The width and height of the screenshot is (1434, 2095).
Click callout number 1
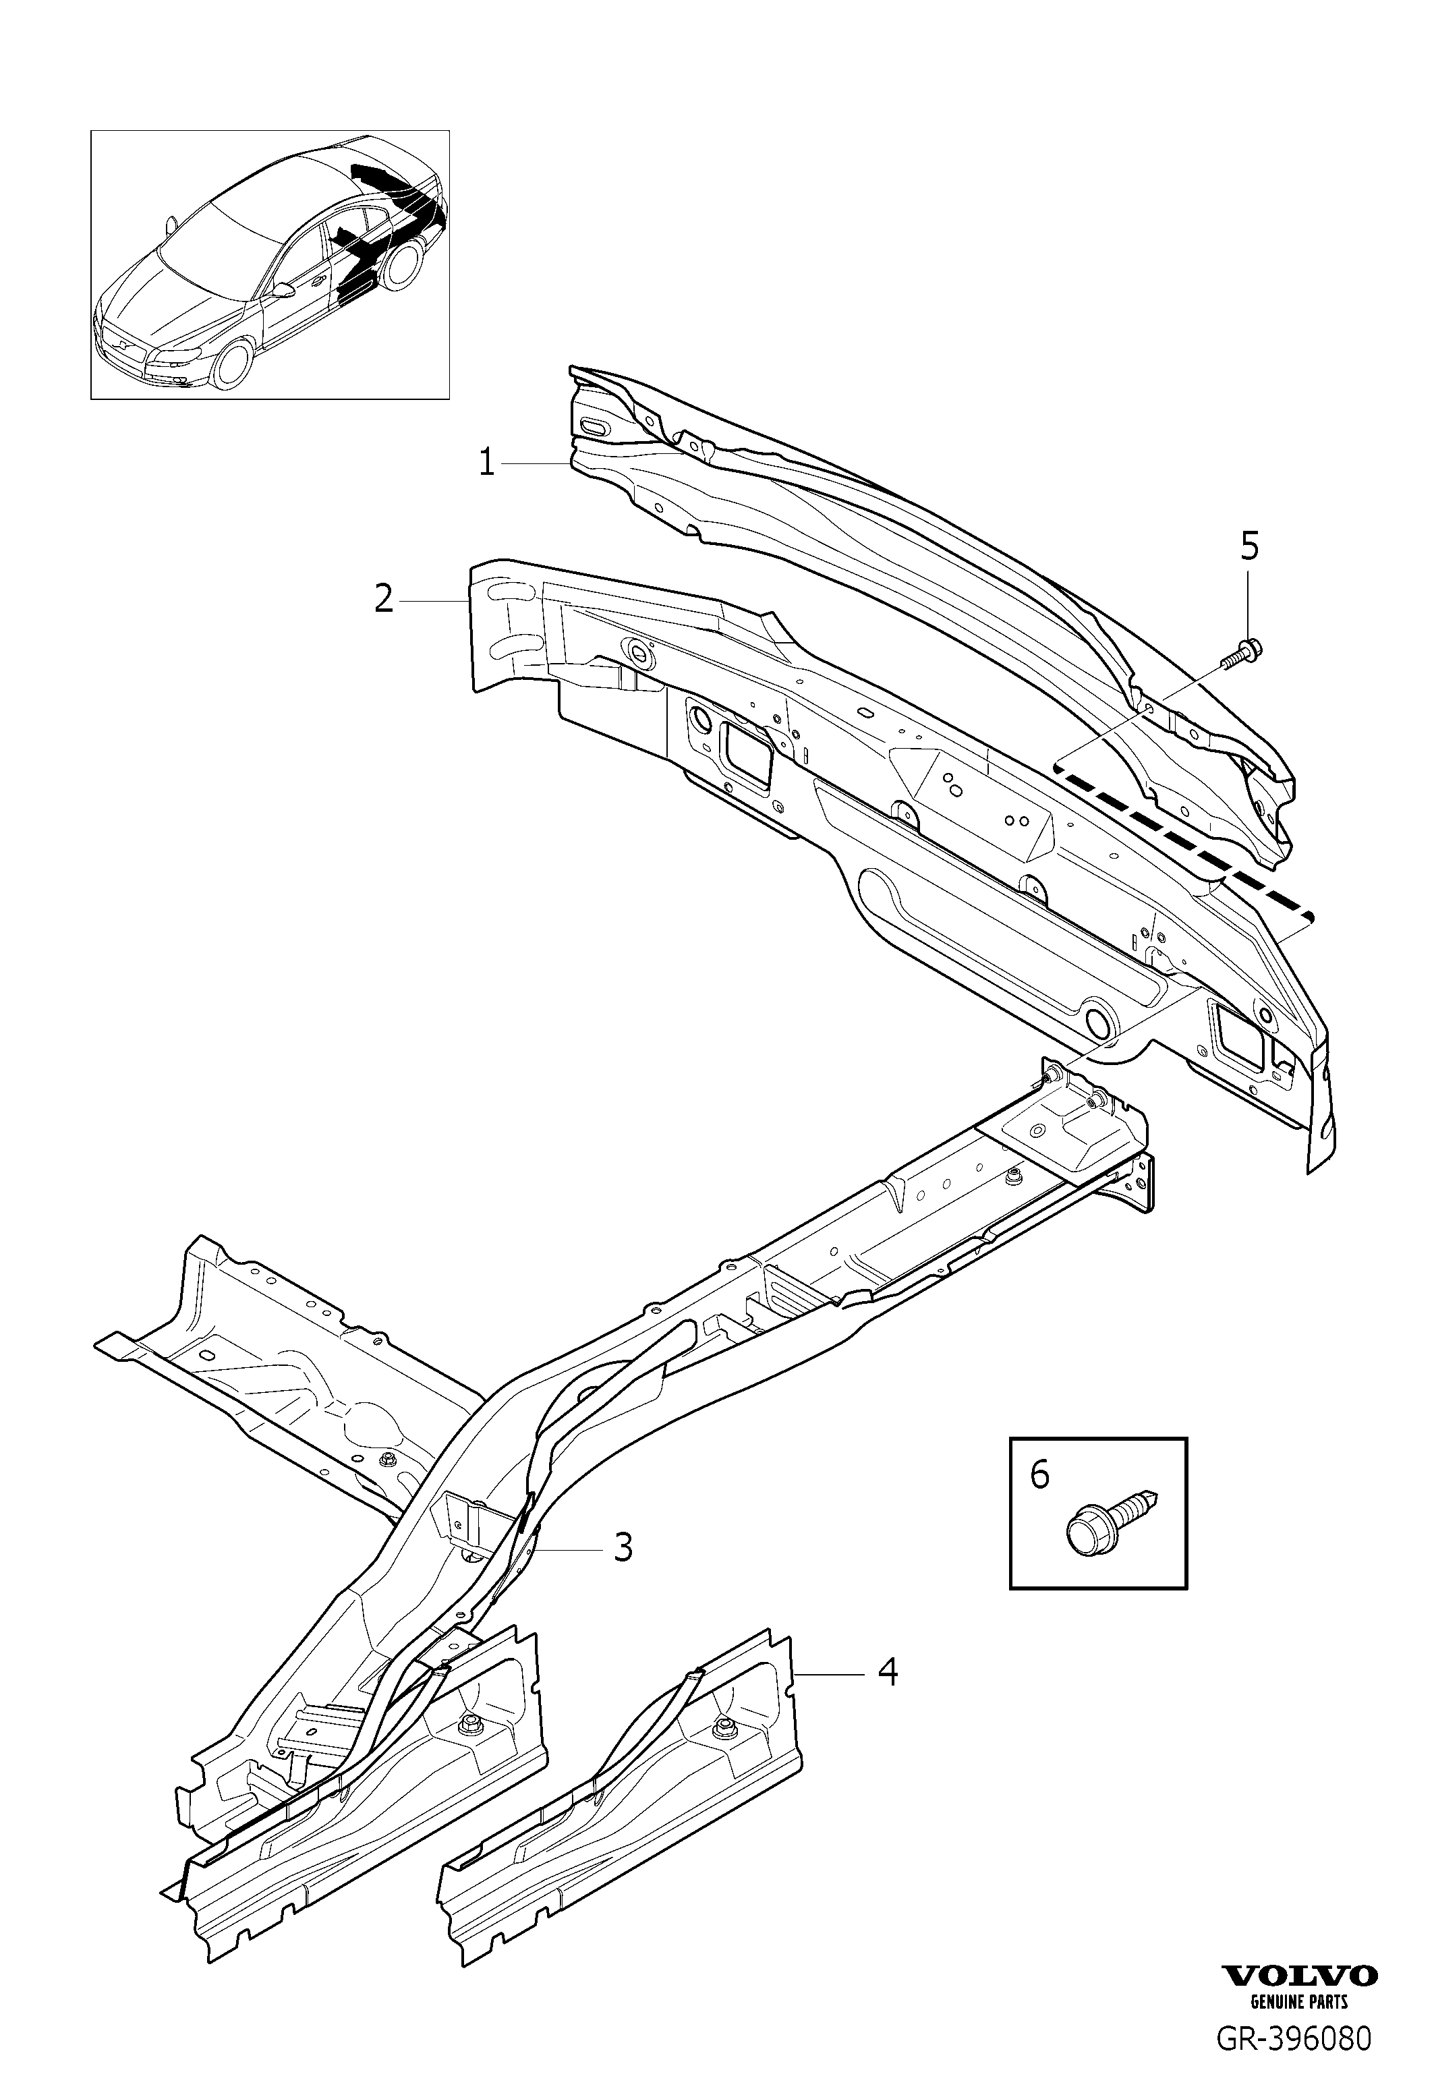coord(487,463)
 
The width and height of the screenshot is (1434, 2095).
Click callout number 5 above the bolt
coord(1249,546)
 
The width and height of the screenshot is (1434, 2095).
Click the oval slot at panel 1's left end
coord(595,427)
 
